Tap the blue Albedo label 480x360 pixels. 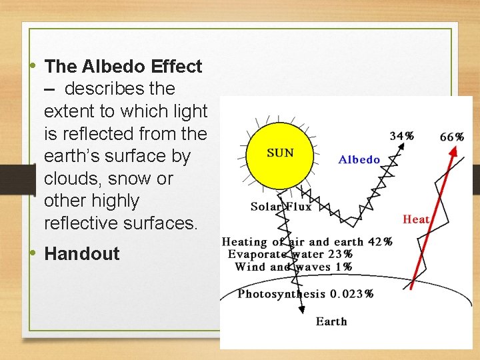coord(359,159)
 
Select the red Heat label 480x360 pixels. coord(416,219)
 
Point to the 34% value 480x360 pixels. coord(401,136)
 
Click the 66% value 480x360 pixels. coord(452,137)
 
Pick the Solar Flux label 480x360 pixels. coord(281,206)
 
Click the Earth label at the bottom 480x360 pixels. coord(331,321)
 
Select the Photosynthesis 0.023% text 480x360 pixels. coord(305,293)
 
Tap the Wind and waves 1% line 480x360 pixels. coord(293,267)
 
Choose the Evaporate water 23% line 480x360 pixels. coord(290,254)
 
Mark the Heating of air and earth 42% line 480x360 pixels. coord(307,241)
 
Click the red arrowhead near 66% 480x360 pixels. coord(454,151)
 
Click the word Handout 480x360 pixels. coord(82,253)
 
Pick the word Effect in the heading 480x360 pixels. coord(177,66)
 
